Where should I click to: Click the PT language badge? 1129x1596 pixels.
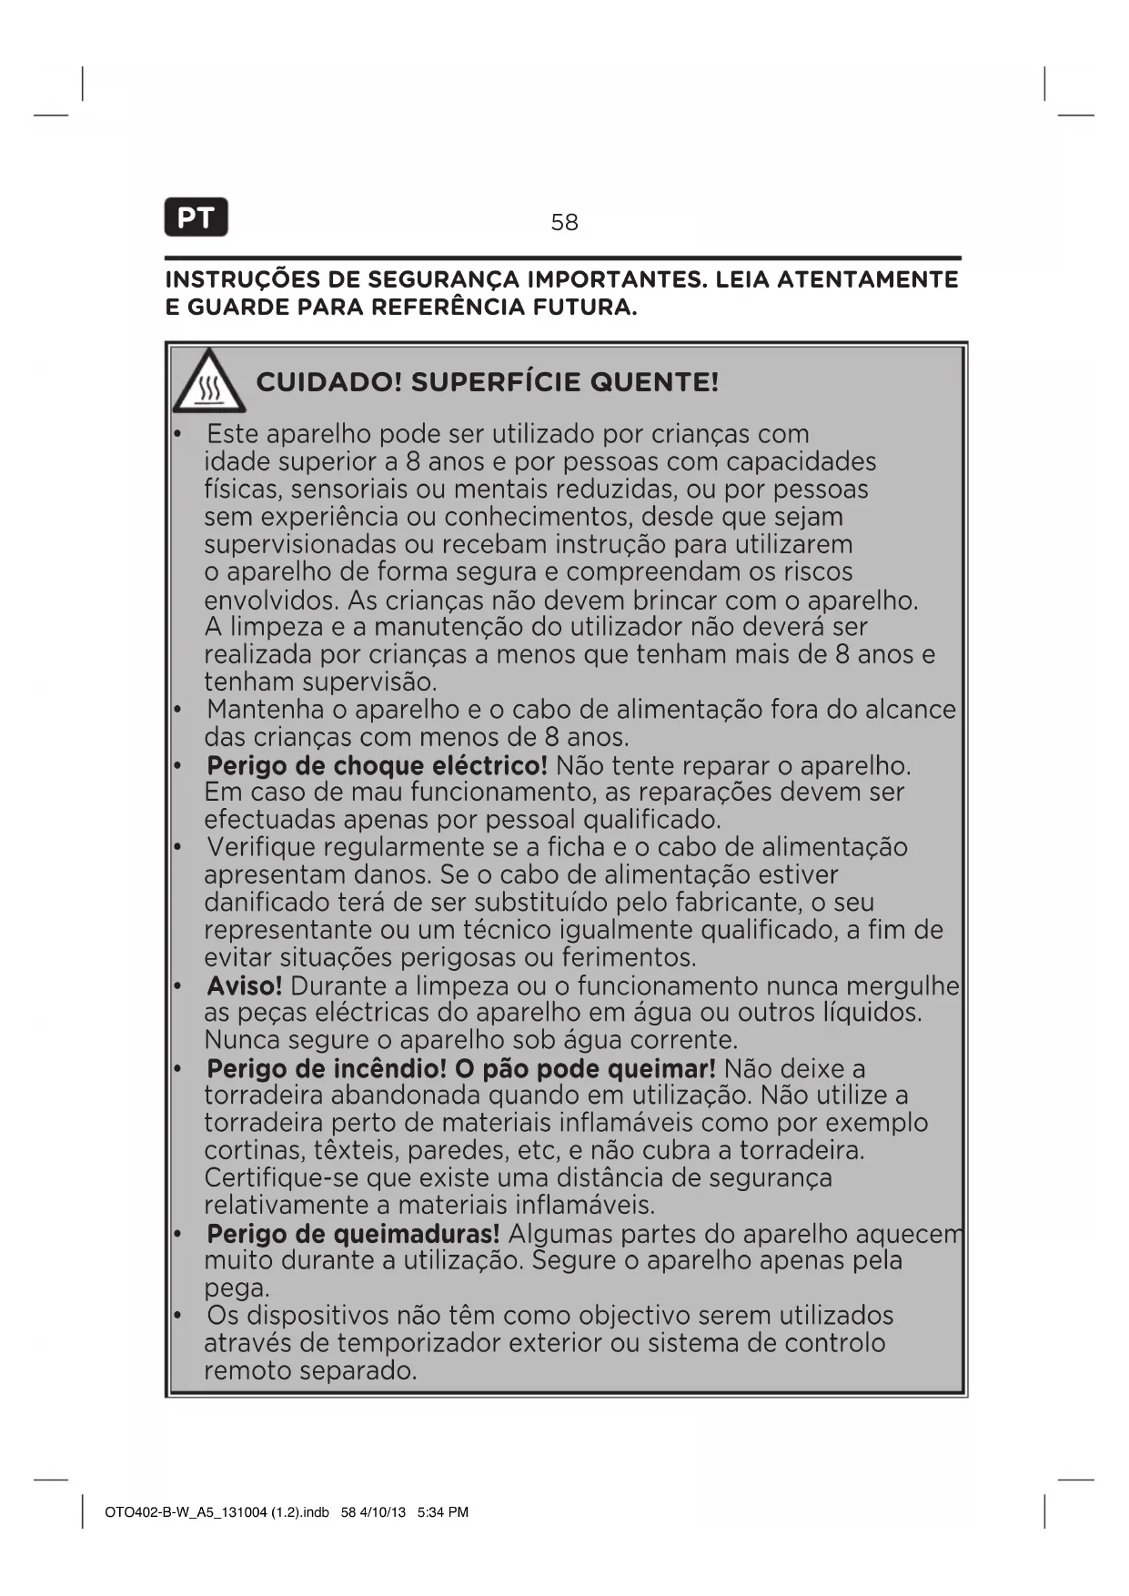(196, 217)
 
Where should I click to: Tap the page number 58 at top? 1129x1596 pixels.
(564, 222)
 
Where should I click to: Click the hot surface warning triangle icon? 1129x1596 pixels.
(209, 381)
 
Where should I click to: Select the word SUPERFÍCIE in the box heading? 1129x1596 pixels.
(496, 382)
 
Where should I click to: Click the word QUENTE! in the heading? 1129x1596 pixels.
(654, 382)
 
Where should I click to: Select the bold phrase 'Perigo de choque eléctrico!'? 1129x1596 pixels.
(377, 765)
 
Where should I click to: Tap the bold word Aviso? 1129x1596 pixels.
(244, 985)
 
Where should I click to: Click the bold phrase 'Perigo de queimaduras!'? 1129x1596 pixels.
(353, 1234)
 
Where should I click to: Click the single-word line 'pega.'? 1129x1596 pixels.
(237, 1288)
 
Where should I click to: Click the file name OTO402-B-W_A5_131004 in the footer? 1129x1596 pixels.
(186, 1512)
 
